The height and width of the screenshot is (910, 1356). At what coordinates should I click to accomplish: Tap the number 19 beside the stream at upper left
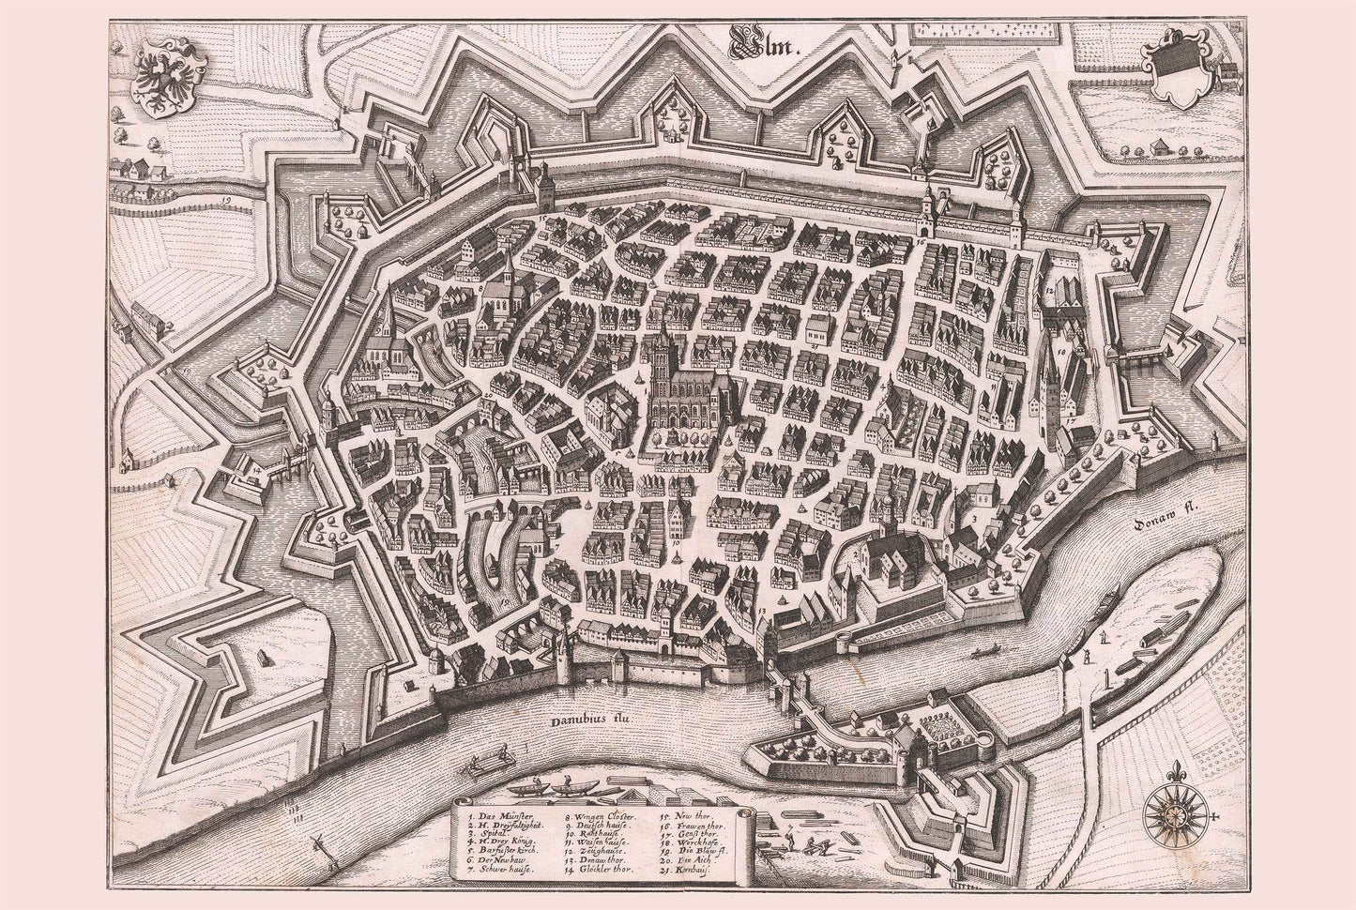pos(227,200)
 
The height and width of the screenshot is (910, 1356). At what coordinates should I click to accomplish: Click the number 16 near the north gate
pos(921,243)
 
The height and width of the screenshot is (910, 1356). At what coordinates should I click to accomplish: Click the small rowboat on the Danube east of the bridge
pos(985,649)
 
